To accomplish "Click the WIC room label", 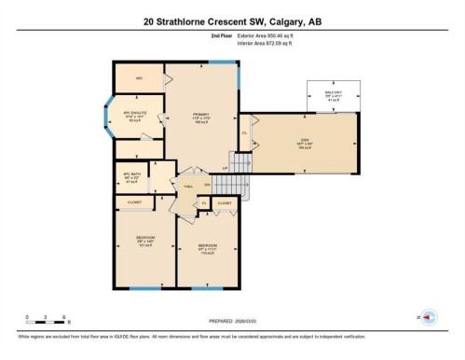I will point(139,77).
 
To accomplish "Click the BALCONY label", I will point(333,93).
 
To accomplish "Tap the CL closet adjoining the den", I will point(245,133).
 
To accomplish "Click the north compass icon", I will point(430,318).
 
